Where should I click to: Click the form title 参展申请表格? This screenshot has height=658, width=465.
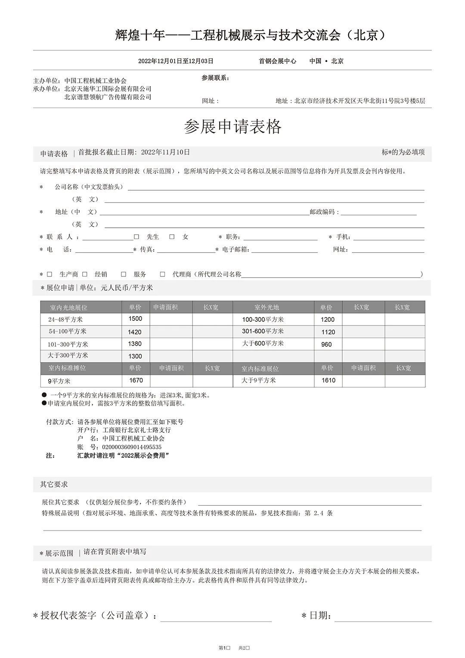point(232,127)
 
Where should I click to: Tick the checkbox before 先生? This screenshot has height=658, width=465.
point(136,236)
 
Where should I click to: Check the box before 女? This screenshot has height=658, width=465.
point(172,236)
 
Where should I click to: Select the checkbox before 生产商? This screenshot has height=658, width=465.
point(50,274)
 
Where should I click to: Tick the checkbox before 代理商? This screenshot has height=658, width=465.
point(162,274)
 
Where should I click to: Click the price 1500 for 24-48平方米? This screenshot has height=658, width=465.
point(135,319)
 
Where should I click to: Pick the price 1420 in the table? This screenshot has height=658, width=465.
point(135,332)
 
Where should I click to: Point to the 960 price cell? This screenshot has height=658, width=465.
point(327,344)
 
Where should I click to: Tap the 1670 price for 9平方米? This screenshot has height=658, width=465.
point(136,380)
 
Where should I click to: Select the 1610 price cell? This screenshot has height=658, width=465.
point(328,380)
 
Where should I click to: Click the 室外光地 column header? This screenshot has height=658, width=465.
point(267,307)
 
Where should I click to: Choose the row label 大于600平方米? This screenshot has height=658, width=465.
point(263,343)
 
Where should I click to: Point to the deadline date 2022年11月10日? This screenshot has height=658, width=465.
point(165,152)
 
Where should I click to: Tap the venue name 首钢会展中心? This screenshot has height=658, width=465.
point(277,61)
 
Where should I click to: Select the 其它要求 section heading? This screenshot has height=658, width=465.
point(54,484)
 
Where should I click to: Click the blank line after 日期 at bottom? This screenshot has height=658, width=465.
point(383,617)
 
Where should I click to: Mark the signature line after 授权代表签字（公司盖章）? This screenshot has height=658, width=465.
point(216,617)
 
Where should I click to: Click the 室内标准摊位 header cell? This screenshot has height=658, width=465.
point(67,368)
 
